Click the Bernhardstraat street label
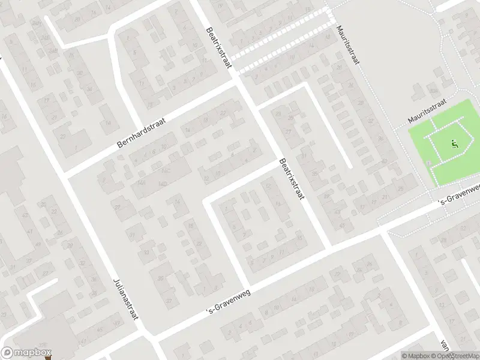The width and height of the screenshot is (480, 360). point(142,133)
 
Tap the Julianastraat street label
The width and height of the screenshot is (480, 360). point(127,299)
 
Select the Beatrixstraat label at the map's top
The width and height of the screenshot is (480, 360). point(218,47)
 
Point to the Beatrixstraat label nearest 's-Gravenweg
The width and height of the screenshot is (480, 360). point(292,179)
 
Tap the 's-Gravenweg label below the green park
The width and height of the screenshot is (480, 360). point(459,194)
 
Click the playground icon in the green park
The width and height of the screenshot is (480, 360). point(454,144)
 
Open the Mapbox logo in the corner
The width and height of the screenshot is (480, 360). point(26,353)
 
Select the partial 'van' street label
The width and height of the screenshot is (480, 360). point(445,345)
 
